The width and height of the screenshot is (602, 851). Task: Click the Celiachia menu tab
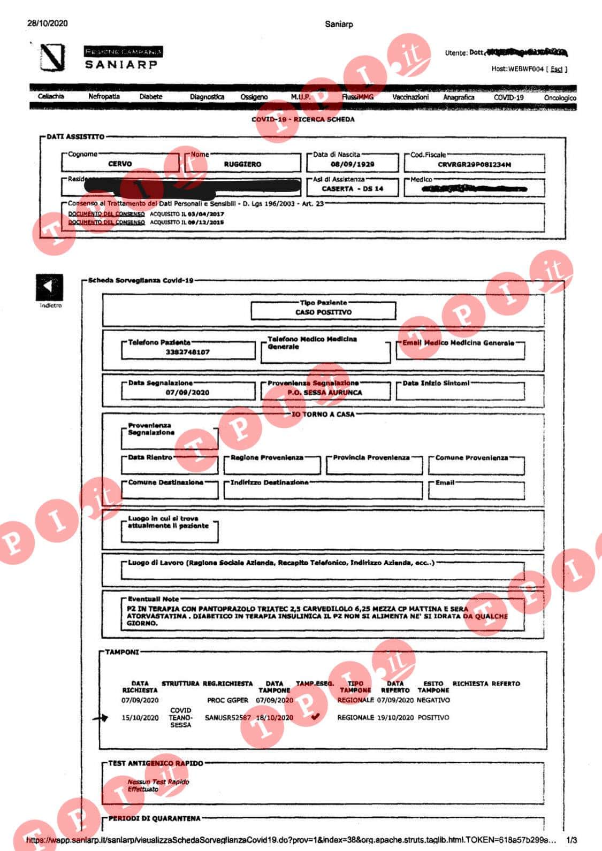click(51, 97)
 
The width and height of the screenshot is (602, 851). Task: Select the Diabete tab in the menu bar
click(150, 97)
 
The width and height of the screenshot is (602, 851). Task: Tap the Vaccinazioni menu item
click(410, 97)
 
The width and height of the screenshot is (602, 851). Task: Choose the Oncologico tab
click(560, 98)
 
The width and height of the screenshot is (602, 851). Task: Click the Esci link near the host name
click(557, 69)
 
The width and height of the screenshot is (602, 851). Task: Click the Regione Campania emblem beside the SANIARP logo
click(53, 58)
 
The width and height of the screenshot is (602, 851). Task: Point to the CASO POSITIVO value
click(323, 312)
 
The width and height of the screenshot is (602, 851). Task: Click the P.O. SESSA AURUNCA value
click(325, 393)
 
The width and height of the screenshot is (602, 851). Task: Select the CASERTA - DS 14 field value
click(352, 189)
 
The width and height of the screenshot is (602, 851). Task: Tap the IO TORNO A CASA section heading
click(323, 415)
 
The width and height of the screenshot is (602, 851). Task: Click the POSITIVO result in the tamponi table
click(433, 717)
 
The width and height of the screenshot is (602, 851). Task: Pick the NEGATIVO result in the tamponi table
click(433, 700)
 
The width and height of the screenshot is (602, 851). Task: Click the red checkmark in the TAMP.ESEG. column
click(316, 717)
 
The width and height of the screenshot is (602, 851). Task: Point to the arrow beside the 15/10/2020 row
click(101, 718)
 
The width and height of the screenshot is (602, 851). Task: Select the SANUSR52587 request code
click(228, 718)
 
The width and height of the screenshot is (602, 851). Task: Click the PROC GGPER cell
click(228, 700)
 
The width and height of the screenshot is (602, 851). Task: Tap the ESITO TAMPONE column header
click(433, 687)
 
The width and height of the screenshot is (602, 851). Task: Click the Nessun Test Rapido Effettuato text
click(158, 785)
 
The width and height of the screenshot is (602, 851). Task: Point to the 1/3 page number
click(571, 840)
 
